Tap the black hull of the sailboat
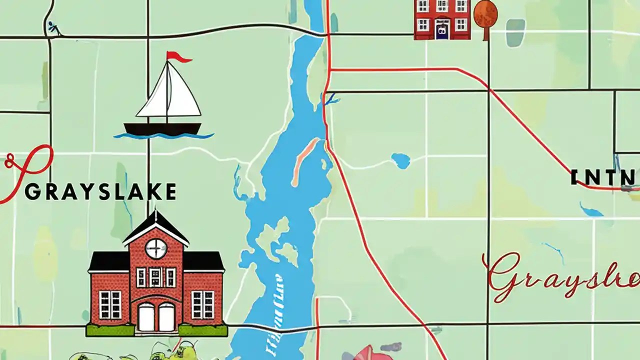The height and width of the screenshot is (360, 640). (162, 128)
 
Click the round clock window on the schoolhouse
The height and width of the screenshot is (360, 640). (155, 248)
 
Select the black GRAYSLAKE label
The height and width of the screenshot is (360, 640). (100, 192)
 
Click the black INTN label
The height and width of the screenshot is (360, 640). (603, 177)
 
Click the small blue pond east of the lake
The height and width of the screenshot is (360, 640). (400, 160)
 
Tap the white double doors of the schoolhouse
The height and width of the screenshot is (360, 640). (156, 316)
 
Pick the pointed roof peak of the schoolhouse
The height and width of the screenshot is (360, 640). (156, 214)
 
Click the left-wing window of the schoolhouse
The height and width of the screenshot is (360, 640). (110, 304)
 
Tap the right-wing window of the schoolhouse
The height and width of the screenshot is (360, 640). (202, 304)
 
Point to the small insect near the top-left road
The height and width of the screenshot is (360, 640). (52, 27)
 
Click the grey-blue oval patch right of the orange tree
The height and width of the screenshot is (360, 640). (515, 32)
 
